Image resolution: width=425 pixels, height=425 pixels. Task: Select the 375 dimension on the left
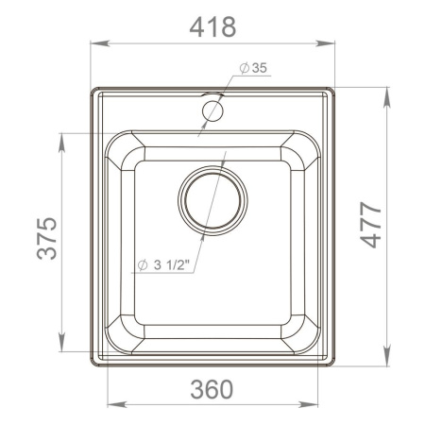point(46,241)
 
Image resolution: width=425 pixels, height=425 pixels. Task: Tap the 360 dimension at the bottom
point(212,387)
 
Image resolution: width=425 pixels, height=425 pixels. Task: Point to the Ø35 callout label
point(254,67)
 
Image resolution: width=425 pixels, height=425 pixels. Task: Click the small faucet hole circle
point(212,110)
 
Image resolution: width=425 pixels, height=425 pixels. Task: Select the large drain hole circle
point(213,201)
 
